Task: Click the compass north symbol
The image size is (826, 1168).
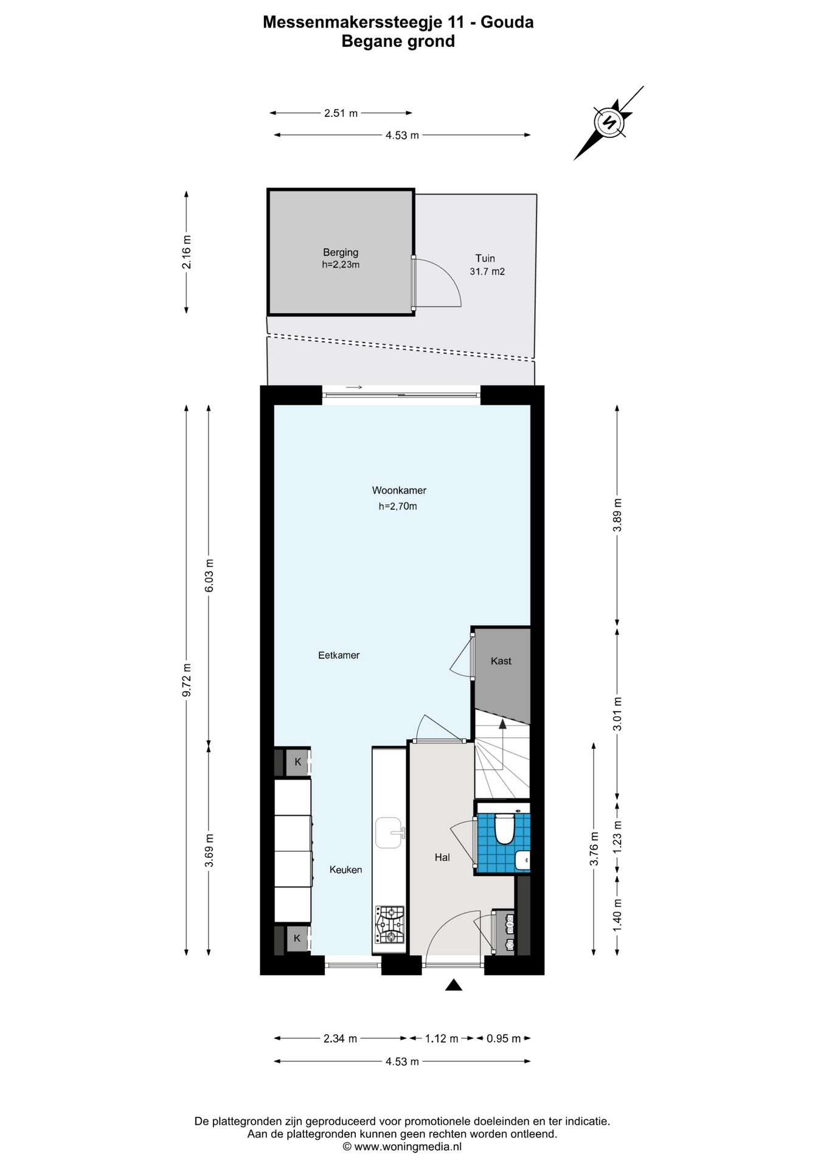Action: click(609, 122)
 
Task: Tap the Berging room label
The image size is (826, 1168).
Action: click(341, 252)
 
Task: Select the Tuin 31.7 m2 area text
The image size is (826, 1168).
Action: click(487, 265)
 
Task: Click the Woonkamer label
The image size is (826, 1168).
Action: click(399, 490)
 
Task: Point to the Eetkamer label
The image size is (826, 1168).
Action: click(339, 655)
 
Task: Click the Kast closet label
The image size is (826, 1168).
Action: click(501, 661)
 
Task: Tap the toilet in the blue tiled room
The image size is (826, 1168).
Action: click(504, 829)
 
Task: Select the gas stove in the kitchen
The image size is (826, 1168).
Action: click(390, 925)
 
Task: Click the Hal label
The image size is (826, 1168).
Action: click(442, 857)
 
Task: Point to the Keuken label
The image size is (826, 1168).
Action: click(345, 870)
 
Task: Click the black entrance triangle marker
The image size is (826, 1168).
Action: click(453, 985)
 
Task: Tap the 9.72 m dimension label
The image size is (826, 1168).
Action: click(187, 680)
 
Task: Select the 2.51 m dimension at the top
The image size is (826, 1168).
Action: click(341, 113)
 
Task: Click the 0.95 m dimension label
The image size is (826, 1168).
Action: click(504, 1038)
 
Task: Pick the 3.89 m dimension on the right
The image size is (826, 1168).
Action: click(617, 515)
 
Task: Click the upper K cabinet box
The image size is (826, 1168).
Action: click(297, 762)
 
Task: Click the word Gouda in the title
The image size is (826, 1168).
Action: click(507, 23)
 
